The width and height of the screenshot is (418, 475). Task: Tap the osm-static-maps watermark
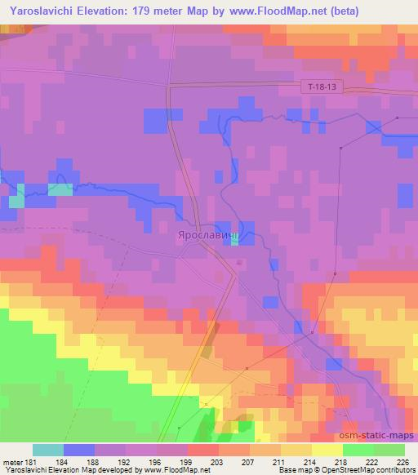point(378,435)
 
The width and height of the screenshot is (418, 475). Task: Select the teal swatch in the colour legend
point(47,450)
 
